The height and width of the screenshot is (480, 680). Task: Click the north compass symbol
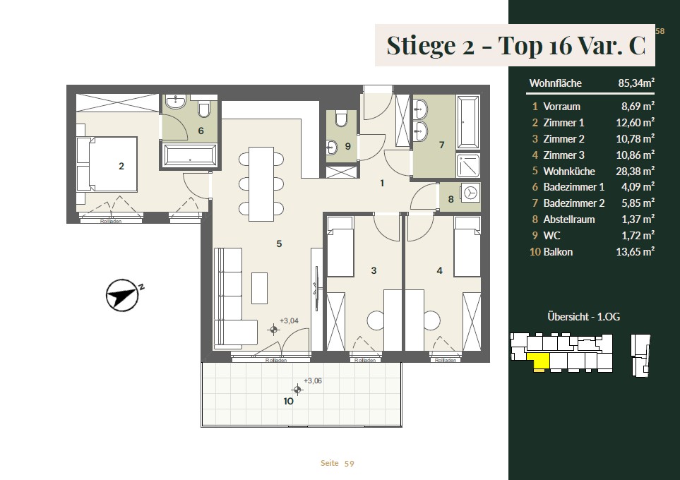coord(123,295)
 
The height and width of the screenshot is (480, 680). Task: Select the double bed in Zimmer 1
coord(107,164)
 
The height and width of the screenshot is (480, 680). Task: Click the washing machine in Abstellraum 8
coord(470,192)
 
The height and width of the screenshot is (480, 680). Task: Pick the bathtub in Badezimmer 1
coord(190,155)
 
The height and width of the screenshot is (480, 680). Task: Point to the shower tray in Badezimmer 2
coord(468,166)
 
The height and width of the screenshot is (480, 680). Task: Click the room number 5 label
coord(279,244)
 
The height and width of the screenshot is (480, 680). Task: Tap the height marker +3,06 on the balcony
coord(312,380)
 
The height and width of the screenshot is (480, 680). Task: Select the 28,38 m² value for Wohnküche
coord(635,171)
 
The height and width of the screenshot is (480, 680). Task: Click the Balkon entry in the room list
coord(558,252)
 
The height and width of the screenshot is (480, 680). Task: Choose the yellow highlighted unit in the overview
coord(538,361)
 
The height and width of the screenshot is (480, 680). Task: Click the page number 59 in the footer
coord(349,464)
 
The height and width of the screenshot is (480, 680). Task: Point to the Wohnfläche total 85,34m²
coord(636,83)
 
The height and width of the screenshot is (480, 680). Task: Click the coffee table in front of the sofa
coord(259,288)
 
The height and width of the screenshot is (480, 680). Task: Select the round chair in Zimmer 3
coord(376,320)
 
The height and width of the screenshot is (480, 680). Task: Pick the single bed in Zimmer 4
coord(467,246)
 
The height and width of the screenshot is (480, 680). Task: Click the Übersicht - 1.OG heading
coord(583,316)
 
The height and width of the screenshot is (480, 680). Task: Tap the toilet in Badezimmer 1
coord(204,109)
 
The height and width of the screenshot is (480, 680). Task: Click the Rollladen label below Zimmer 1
coord(111,221)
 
